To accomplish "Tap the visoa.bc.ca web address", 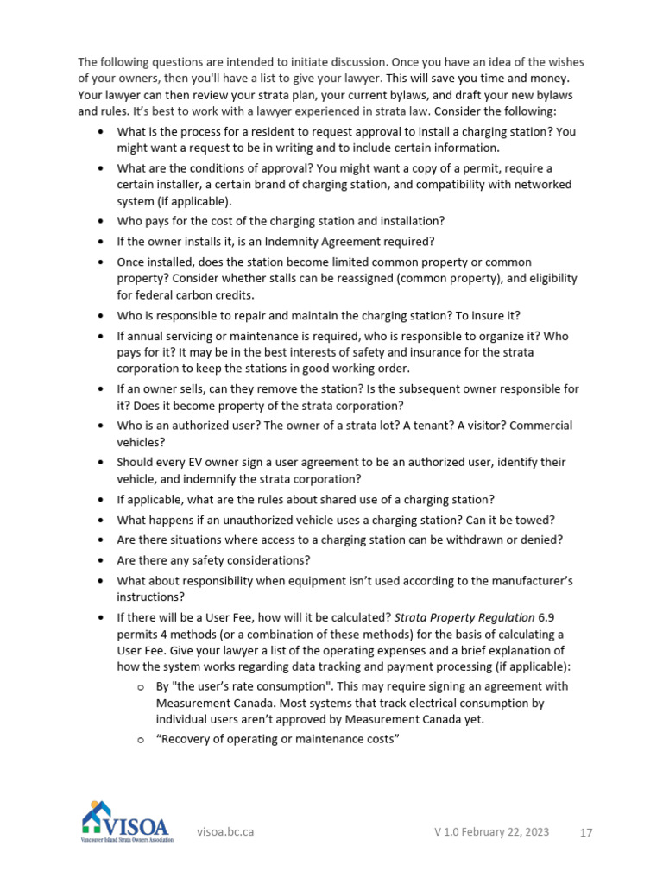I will point(225,832).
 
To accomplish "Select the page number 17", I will point(586,832).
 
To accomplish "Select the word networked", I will point(544,185).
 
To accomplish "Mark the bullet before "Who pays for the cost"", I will point(100,222).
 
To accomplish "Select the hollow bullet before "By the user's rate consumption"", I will point(140,687).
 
